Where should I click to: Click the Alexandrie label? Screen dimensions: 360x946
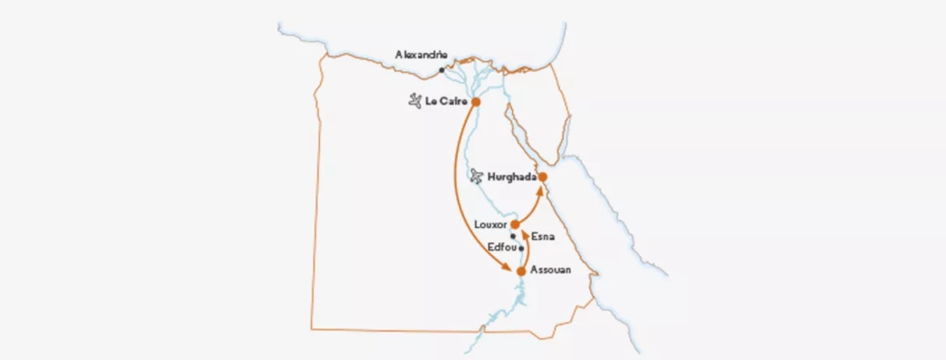click(x=421, y=55)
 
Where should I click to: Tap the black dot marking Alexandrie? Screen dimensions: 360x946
click(x=441, y=70)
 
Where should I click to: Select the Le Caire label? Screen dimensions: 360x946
click(x=446, y=102)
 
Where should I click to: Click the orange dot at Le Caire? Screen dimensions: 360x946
click(x=475, y=102)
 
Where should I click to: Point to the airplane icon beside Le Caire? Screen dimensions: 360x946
click(x=415, y=102)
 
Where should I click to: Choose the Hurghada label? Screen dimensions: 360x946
click(x=511, y=177)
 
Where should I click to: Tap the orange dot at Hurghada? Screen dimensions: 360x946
click(x=542, y=177)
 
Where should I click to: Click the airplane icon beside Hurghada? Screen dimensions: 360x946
click(x=477, y=177)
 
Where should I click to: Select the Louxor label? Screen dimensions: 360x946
click(x=490, y=225)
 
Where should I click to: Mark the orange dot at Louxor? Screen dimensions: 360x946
click(x=515, y=225)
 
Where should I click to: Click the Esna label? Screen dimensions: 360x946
click(x=542, y=235)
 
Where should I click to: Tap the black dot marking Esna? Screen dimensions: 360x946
click(x=513, y=236)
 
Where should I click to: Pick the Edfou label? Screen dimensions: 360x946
click(x=500, y=247)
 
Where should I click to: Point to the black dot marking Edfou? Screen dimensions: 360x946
click(x=521, y=249)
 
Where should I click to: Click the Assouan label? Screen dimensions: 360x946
click(x=550, y=270)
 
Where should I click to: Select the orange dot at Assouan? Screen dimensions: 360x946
click(x=521, y=271)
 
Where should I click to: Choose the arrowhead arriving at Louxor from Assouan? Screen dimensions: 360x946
click(x=524, y=233)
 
